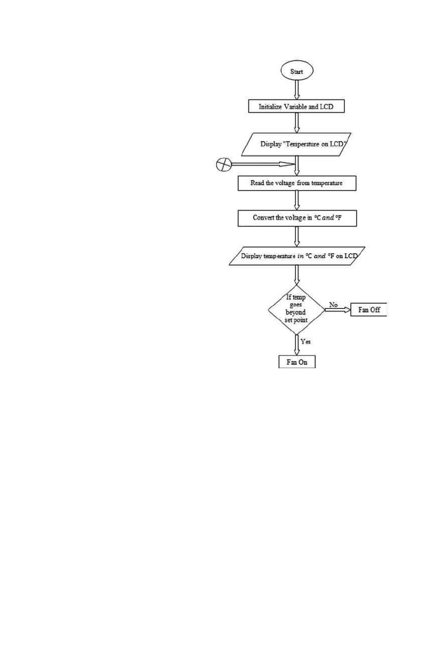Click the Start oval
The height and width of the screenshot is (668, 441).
(x=297, y=71)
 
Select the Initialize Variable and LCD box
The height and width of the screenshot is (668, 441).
(x=296, y=106)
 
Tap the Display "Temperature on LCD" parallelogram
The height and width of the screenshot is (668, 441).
(x=296, y=144)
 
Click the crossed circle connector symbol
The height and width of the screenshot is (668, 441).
(x=224, y=164)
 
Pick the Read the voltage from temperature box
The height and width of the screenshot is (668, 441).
(x=297, y=183)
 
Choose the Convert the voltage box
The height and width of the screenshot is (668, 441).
(x=297, y=218)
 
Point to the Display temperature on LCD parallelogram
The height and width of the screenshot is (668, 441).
(x=297, y=256)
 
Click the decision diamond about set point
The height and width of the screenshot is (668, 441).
(x=296, y=309)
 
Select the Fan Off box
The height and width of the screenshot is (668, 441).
(x=369, y=310)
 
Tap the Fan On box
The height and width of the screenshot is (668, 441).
(x=297, y=362)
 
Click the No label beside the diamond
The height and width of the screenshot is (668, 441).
(x=334, y=305)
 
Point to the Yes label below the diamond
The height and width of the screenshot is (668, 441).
(x=306, y=342)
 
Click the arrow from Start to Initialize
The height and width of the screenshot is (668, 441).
(x=297, y=90)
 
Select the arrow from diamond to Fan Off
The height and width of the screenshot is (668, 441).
(x=338, y=310)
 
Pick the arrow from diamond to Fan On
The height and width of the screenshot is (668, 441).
(x=297, y=345)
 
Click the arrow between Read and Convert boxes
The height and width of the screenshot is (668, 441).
(x=297, y=200)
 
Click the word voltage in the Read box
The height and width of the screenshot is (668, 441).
(x=285, y=183)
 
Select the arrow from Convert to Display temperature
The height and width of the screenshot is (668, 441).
(x=297, y=237)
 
